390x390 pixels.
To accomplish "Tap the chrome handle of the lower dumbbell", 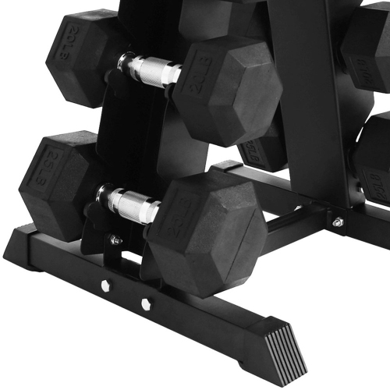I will [129, 205].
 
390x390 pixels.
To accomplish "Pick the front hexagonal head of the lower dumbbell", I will [207, 234].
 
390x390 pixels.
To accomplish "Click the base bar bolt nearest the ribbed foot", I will [146, 303].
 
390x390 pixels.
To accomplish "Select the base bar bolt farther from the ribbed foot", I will [105, 285].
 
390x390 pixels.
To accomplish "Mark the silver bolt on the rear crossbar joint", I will [338, 222].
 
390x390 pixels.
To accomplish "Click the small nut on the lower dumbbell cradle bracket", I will [115, 240].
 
